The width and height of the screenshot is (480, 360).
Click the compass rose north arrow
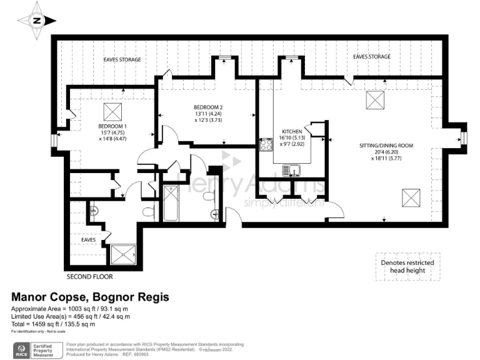[x=37, y=20]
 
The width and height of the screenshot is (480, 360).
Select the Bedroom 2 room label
[x=207, y=114]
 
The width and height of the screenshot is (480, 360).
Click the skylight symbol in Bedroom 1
[x=113, y=112]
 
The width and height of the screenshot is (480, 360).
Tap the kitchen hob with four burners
[x=267, y=145]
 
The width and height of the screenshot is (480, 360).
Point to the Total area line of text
[x=54, y=324]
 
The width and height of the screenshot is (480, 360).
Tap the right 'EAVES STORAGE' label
[x=372, y=57]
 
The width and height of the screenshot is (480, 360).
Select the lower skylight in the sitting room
[x=411, y=198]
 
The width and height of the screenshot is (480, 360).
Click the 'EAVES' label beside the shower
[x=89, y=239]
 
